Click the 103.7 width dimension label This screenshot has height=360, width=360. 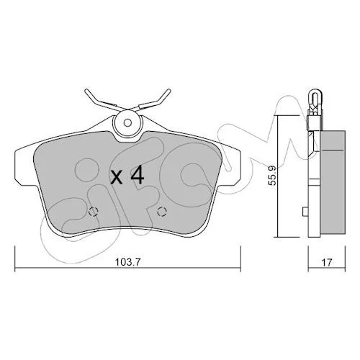pos(127,262)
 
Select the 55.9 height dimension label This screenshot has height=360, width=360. pos(272,176)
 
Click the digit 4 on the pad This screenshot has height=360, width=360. pos(137,175)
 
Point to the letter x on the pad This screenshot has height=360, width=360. pos(117,178)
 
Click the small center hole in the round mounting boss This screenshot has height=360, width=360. pos(127,123)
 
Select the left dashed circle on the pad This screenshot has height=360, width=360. pos(94,212)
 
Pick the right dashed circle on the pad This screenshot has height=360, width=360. pos(162,212)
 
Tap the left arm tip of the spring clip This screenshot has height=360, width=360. pos(86,91)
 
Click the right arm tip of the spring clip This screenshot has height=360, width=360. pos(169,91)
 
